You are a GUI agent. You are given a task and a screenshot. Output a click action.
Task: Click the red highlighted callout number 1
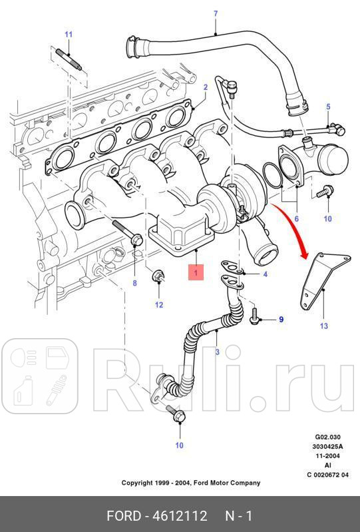196,271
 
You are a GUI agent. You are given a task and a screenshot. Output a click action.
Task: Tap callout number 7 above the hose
215,13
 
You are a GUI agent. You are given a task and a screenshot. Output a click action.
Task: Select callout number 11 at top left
68,34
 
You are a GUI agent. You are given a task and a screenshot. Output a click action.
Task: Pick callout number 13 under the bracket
323,326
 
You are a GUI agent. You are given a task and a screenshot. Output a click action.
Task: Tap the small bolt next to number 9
255,319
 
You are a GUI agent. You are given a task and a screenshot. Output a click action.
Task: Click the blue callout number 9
281,320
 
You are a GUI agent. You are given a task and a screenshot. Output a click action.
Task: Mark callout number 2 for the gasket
206,87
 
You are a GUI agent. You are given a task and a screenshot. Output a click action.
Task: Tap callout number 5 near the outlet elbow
327,107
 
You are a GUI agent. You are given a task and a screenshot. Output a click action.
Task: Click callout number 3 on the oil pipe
216,351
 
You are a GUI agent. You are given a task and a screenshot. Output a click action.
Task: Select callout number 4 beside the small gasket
265,274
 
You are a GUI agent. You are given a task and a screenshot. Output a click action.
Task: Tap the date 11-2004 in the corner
328,456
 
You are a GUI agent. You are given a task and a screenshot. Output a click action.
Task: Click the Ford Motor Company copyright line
190,483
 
